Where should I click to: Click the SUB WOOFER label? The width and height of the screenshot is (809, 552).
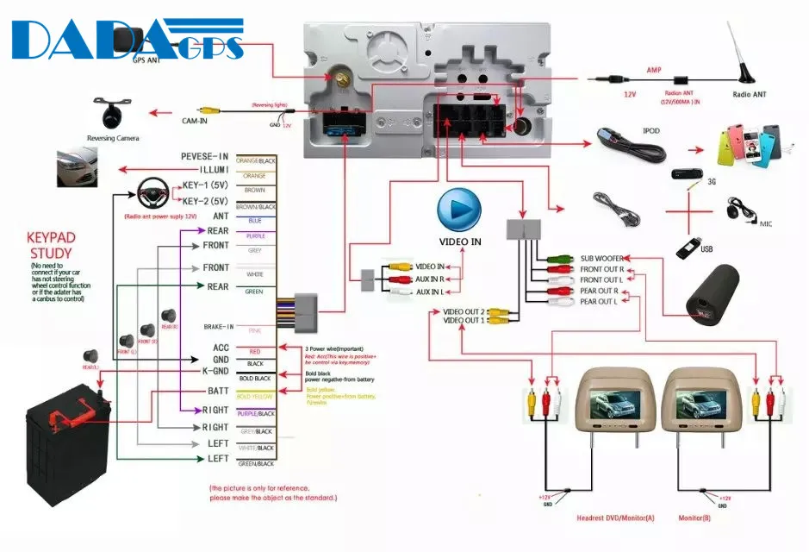tap(601, 258)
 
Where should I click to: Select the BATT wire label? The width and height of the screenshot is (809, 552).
tap(217, 391)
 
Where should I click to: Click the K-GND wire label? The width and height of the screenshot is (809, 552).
tap(215, 370)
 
